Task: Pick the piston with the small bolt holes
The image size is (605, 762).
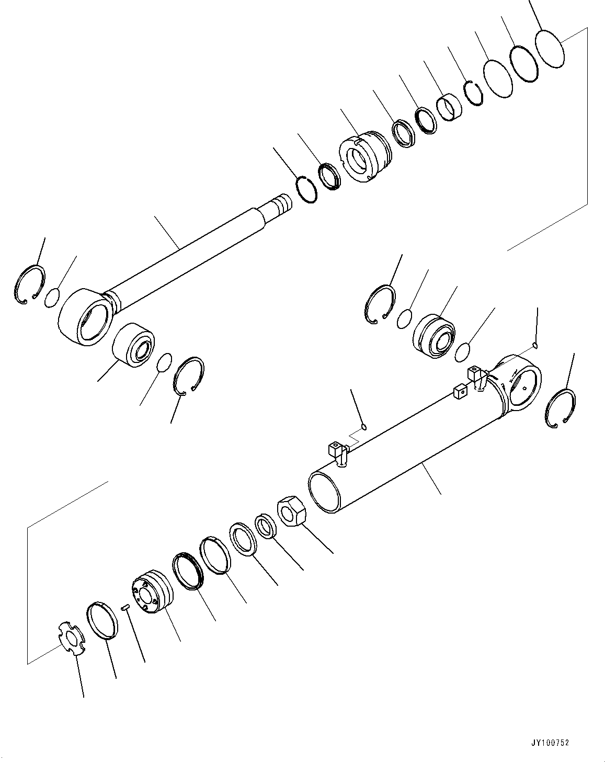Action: [x=151, y=592]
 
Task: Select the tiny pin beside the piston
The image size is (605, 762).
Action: [x=125, y=607]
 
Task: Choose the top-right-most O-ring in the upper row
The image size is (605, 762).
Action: [x=550, y=48]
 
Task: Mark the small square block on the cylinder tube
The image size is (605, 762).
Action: [x=460, y=392]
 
